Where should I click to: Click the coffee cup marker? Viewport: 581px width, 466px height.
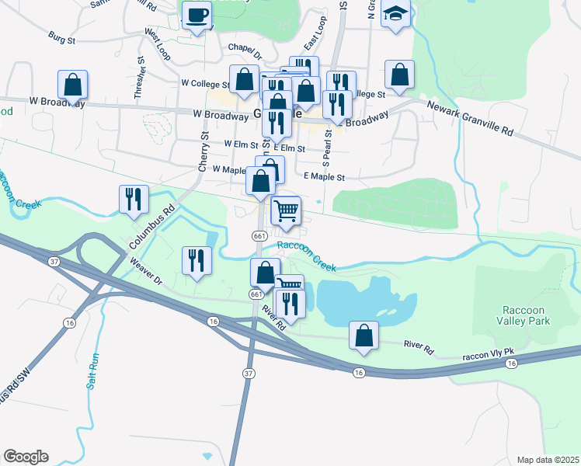click(x=197, y=15)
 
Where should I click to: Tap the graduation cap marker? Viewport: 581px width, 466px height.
click(x=396, y=14)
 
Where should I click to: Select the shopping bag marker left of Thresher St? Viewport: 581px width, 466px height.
click(x=72, y=85)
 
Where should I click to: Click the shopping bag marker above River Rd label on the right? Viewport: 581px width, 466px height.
click(x=364, y=336)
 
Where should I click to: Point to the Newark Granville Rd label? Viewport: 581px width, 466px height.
click(x=471, y=121)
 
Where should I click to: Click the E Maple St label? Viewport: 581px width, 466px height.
click(x=324, y=177)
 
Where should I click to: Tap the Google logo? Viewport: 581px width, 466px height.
click(x=26, y=456)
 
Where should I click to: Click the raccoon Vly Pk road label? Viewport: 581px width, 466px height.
click(x=489, y=355)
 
